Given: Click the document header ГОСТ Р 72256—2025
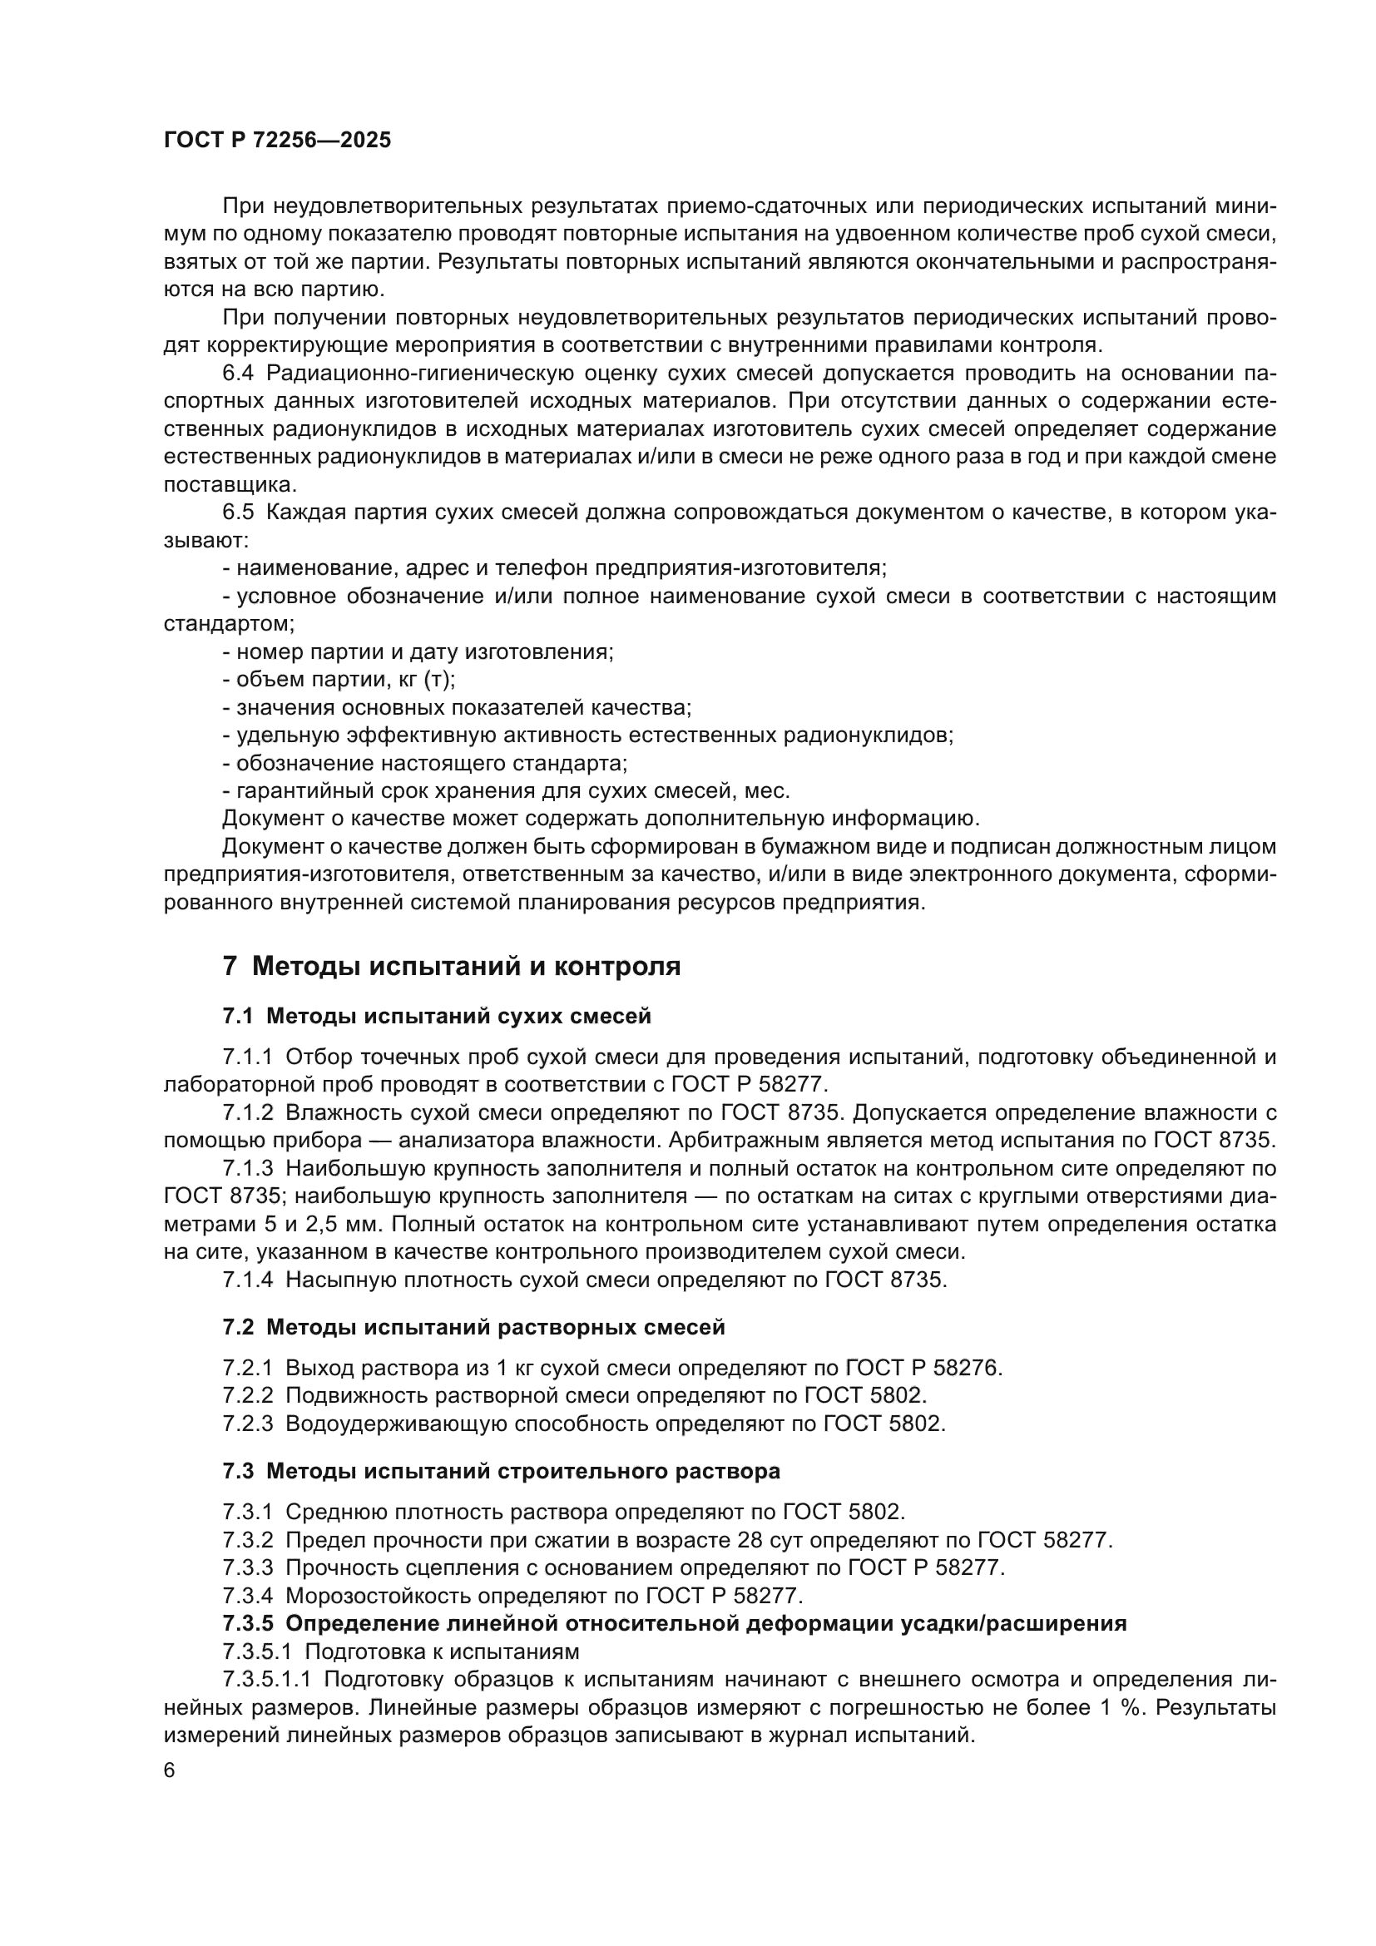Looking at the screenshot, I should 277,141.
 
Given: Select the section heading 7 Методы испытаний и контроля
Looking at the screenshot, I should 451,966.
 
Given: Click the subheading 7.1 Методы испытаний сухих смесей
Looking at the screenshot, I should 437,1015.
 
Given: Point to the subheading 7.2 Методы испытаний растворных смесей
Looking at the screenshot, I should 473,1327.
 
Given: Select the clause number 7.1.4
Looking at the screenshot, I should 247,1280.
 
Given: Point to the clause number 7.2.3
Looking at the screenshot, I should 247,1424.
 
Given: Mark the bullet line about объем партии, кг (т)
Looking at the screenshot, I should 339,680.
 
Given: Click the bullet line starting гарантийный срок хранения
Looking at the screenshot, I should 506,790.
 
